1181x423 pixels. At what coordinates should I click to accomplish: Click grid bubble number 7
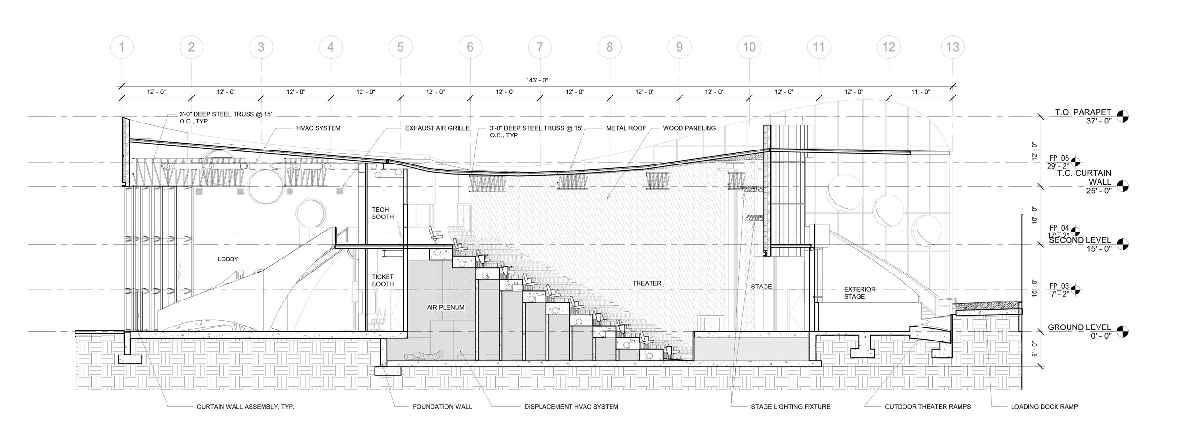tap(540, 47)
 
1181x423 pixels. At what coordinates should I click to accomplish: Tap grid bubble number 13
tap(953, 47)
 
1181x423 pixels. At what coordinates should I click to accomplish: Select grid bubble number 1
tap(122, 47)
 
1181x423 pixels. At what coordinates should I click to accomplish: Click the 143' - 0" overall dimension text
tap(537, 80)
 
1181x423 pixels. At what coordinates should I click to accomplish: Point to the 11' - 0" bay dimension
tap(920, 92)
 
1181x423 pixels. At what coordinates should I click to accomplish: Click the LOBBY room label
tap(228, 259)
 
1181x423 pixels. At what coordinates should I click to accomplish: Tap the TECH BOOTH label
tap(383, 213)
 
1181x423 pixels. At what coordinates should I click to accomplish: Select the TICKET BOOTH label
tap(383, 280)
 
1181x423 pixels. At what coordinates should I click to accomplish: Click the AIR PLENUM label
tap(445, 307)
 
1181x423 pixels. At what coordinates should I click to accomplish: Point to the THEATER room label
tap(647, 283)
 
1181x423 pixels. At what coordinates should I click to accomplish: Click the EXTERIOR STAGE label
tap(859, 293)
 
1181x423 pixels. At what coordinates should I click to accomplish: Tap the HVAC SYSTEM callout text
tap(318, 128)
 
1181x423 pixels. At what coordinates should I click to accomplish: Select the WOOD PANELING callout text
tap(689, 128)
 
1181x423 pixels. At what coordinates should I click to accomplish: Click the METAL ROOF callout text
tap(625, 128)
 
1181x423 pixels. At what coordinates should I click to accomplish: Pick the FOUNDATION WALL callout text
tap(442, 407)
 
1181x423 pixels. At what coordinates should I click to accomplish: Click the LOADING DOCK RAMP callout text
tap(1044, 407)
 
